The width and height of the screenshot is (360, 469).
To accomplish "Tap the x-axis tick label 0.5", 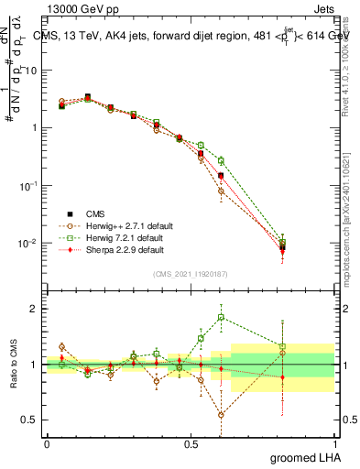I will pos(191,442).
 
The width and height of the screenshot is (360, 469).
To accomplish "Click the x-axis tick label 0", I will pos(47,442).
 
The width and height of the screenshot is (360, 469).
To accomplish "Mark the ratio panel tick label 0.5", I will pos(30,420).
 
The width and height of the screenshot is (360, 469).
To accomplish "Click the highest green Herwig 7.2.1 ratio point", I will pos(221,318).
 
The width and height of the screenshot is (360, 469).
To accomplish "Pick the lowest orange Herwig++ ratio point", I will pos(221,415).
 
